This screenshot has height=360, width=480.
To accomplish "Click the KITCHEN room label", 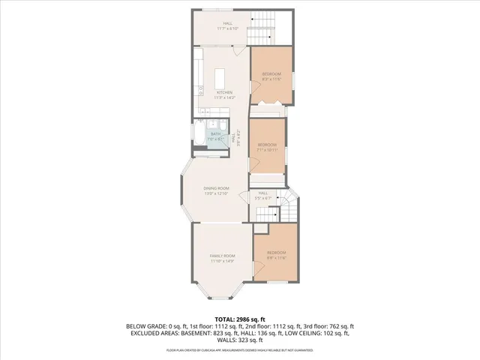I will pos(224,92).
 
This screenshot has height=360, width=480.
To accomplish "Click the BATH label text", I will pos(215,133).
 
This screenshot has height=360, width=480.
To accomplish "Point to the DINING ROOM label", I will pos(216,188).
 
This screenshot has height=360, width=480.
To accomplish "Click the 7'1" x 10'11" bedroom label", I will pos(268,149).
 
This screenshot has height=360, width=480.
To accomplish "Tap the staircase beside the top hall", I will pos(262,30).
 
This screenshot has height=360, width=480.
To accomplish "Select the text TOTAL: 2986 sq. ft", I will pos(239,319).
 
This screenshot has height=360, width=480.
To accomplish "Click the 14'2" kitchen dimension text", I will pos(230,97).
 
